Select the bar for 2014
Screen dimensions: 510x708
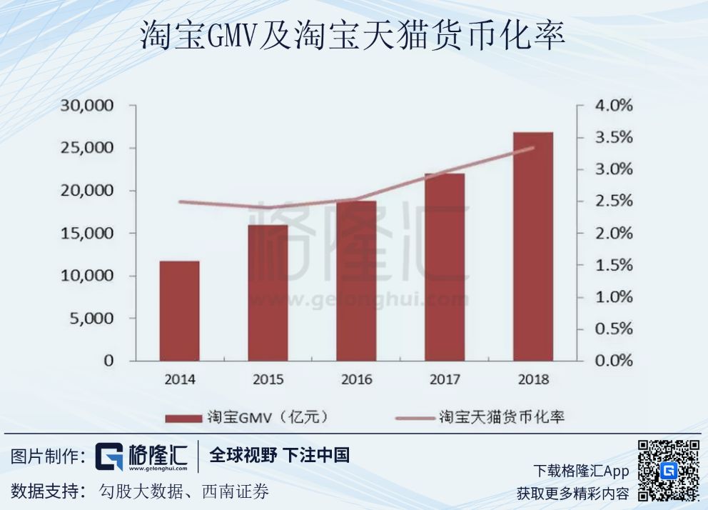pos(179,311)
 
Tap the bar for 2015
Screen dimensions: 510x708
pos(268,293)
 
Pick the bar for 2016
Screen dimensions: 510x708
pos(356,281)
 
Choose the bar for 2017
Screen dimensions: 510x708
pos(444,267)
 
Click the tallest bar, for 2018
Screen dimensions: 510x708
pos(532,246)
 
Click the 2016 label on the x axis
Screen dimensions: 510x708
pos(356,380)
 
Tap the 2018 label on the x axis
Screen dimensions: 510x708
pos(532,380)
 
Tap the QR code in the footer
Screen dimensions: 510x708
pos(668,471)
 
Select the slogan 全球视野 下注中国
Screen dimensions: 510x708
pos(279,456)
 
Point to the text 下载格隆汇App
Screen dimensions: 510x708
pos(581,471)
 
